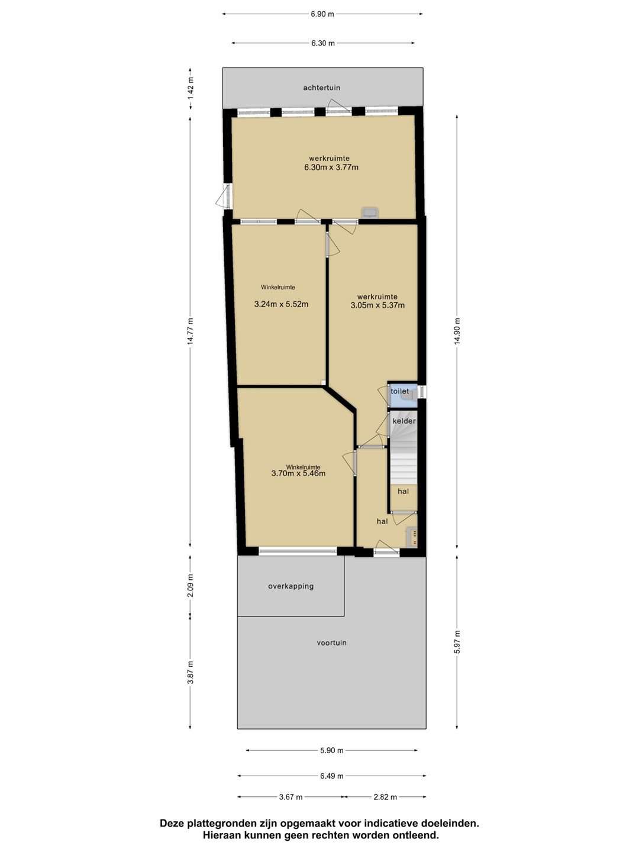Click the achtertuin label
click(x=322, y=88)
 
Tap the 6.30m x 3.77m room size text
click(x=331, y=167)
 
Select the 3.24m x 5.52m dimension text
click(x=281, y=304)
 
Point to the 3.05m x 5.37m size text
click(x=377, y=305)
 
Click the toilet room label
click(x=399, y=391)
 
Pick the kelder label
click(x=404, y=421)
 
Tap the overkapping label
click(x=291, y=586)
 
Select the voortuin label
click(x=332, y=643)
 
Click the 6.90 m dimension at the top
click(x=322, y=14)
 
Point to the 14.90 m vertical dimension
click(x=457, y=331)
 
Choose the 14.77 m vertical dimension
click(x=190, y=331)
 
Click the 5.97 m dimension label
click(x=457, y=643)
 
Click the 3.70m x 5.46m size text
click(x=298, y=473)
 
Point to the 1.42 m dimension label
click(x=190, y=89)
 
